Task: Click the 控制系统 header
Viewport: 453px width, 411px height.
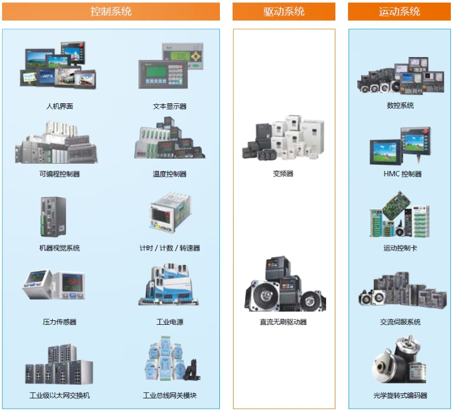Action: (111, 12)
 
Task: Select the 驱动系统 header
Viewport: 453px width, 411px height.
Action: (284, 12)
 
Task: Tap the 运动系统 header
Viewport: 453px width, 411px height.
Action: (399, 12)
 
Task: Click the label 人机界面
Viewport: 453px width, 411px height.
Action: (59, 106)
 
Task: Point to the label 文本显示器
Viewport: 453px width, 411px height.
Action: (170, 106)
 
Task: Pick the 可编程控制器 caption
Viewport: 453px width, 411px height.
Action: (59, 174)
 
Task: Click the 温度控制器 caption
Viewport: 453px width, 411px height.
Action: (170, 174)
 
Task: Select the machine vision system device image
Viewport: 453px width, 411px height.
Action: (53, 217)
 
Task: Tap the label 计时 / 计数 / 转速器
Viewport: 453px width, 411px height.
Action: (170, 248)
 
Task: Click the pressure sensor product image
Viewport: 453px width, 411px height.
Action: (54, 286)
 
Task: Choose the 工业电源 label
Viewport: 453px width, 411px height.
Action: (170, 322)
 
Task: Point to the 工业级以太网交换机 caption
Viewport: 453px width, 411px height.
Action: (59, 396)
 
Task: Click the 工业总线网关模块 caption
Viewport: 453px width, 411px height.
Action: (170, 396)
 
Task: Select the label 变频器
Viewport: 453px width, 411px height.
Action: (283, 174)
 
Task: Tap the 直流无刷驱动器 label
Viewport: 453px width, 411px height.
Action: (283, 322)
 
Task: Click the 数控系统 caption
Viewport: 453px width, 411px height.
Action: (400, 105)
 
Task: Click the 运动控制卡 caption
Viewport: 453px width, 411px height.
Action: (400, 248)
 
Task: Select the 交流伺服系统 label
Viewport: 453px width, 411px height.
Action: (400, 322)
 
